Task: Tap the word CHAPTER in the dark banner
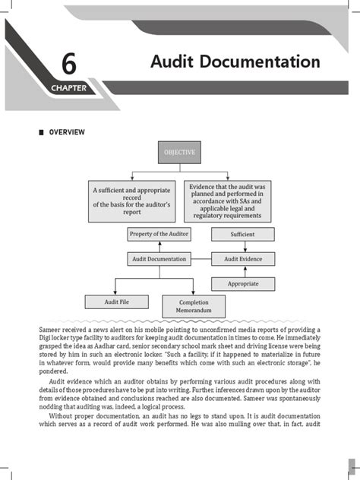click(x=69, y=88)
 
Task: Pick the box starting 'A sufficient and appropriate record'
click(x=132, y=201)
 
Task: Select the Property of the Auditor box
click(x=159, y=234)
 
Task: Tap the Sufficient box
click(x=242, y=235)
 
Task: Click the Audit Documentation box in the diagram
click(x=159, y=259)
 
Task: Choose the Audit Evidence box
click(x=242, y=259)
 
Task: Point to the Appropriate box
click(x=242, y=283)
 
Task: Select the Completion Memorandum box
click(x=194, y=306)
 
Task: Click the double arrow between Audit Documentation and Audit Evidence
click(x=201, y=259)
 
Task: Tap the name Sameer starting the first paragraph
click(x=54, y=328)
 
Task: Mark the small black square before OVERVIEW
click(x=41, y=133)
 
